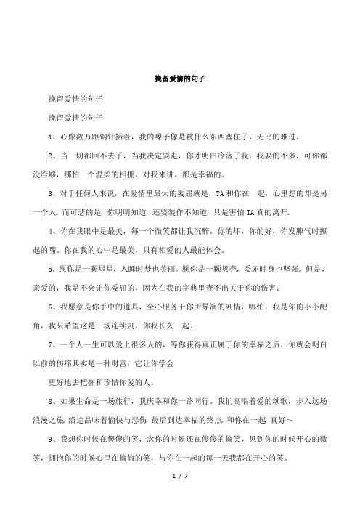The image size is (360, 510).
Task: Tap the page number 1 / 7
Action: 179,495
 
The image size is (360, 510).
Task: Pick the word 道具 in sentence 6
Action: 120,308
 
